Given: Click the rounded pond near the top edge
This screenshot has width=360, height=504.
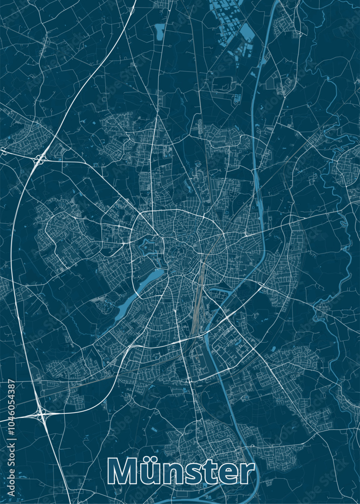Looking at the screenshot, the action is (160, 31).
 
